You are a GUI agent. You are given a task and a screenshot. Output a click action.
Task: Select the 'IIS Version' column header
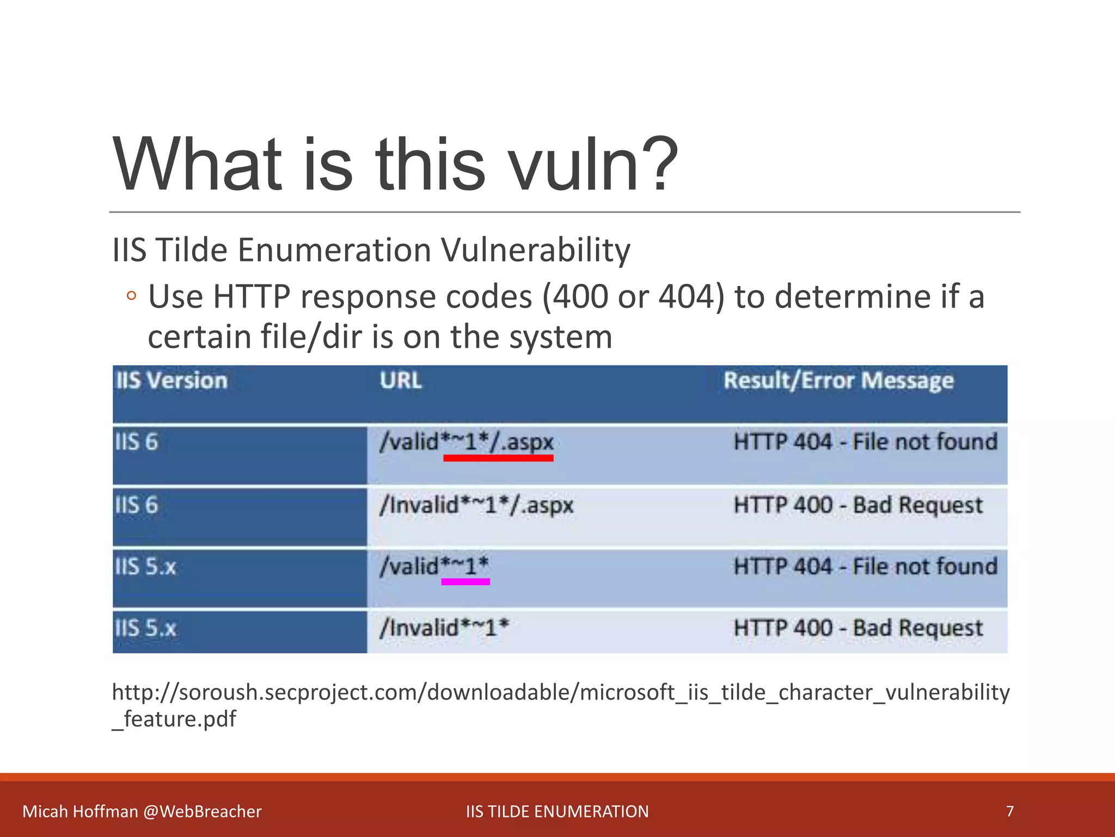[x=171, y=380]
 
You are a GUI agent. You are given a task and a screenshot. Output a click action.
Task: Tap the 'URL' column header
[x=401, y=380]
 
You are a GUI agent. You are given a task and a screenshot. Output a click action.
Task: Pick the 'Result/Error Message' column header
[x=838, y=380]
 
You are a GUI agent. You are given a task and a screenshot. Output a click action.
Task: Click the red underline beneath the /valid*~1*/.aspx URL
[x=498, y=458]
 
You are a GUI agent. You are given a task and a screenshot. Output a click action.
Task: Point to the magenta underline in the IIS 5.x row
[x=465, y=582]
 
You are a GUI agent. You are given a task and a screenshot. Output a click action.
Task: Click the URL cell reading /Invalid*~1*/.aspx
[x=476, y=505]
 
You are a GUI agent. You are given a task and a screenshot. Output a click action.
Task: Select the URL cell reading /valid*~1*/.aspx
[x=467, y=441]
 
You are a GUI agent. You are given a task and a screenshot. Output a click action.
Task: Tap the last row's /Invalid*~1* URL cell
[x=444, y=628]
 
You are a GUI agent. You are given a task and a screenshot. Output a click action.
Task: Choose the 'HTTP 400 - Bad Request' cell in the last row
[x=858, y=628]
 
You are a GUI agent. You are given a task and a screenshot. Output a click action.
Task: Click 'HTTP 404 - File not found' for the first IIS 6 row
[x=865, y=441]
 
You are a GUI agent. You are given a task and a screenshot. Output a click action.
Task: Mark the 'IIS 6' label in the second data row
[x=136, y=505]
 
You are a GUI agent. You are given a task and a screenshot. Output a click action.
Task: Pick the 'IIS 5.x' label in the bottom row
[x=145, y=628]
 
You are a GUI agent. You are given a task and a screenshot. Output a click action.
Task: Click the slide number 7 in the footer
[x=1010, y=811]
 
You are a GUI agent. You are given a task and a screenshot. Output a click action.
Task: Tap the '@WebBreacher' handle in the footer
[x=203, y=811]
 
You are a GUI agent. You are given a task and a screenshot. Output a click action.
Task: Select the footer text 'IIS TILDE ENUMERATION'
[x=557, y=811]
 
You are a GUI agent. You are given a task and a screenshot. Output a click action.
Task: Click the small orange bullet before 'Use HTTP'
[x=131, y=296]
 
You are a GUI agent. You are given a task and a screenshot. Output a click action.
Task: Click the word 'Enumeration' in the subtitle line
[x=334, y=250]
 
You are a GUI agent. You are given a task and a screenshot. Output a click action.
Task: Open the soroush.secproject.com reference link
[x=561, y=693]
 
